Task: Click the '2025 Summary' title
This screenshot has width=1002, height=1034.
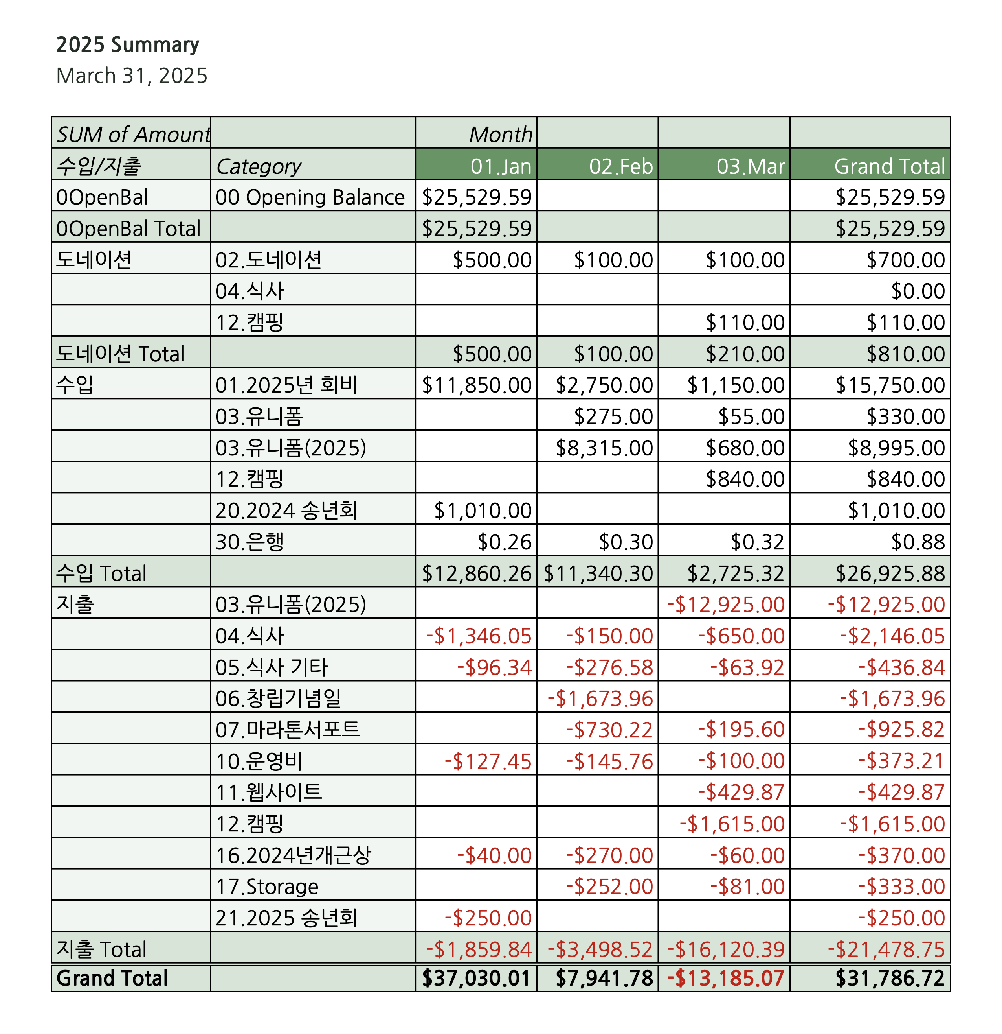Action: (x=128, y=45)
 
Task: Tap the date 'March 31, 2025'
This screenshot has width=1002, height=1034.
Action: (x=132, y=76)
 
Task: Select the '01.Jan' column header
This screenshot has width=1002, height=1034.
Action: (x=501, y=167)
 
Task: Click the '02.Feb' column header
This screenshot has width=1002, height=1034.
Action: (x=620, y=167)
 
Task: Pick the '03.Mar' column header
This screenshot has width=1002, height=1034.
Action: (x=750, y=167)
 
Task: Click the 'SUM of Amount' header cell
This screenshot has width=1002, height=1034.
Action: (x=133, y=135)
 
